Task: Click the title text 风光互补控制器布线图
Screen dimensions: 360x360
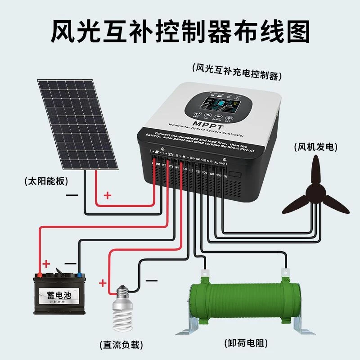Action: click(x=180, y=32)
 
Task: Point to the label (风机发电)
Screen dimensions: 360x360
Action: click(x=315, y=147)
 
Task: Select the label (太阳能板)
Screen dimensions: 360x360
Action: click(x=46, y=182)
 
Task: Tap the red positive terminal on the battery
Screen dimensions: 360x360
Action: click(x=40, y=272)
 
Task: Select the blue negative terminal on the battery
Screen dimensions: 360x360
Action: click(x=79, y=273)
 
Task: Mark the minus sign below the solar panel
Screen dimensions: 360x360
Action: click(x=72, y=195)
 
